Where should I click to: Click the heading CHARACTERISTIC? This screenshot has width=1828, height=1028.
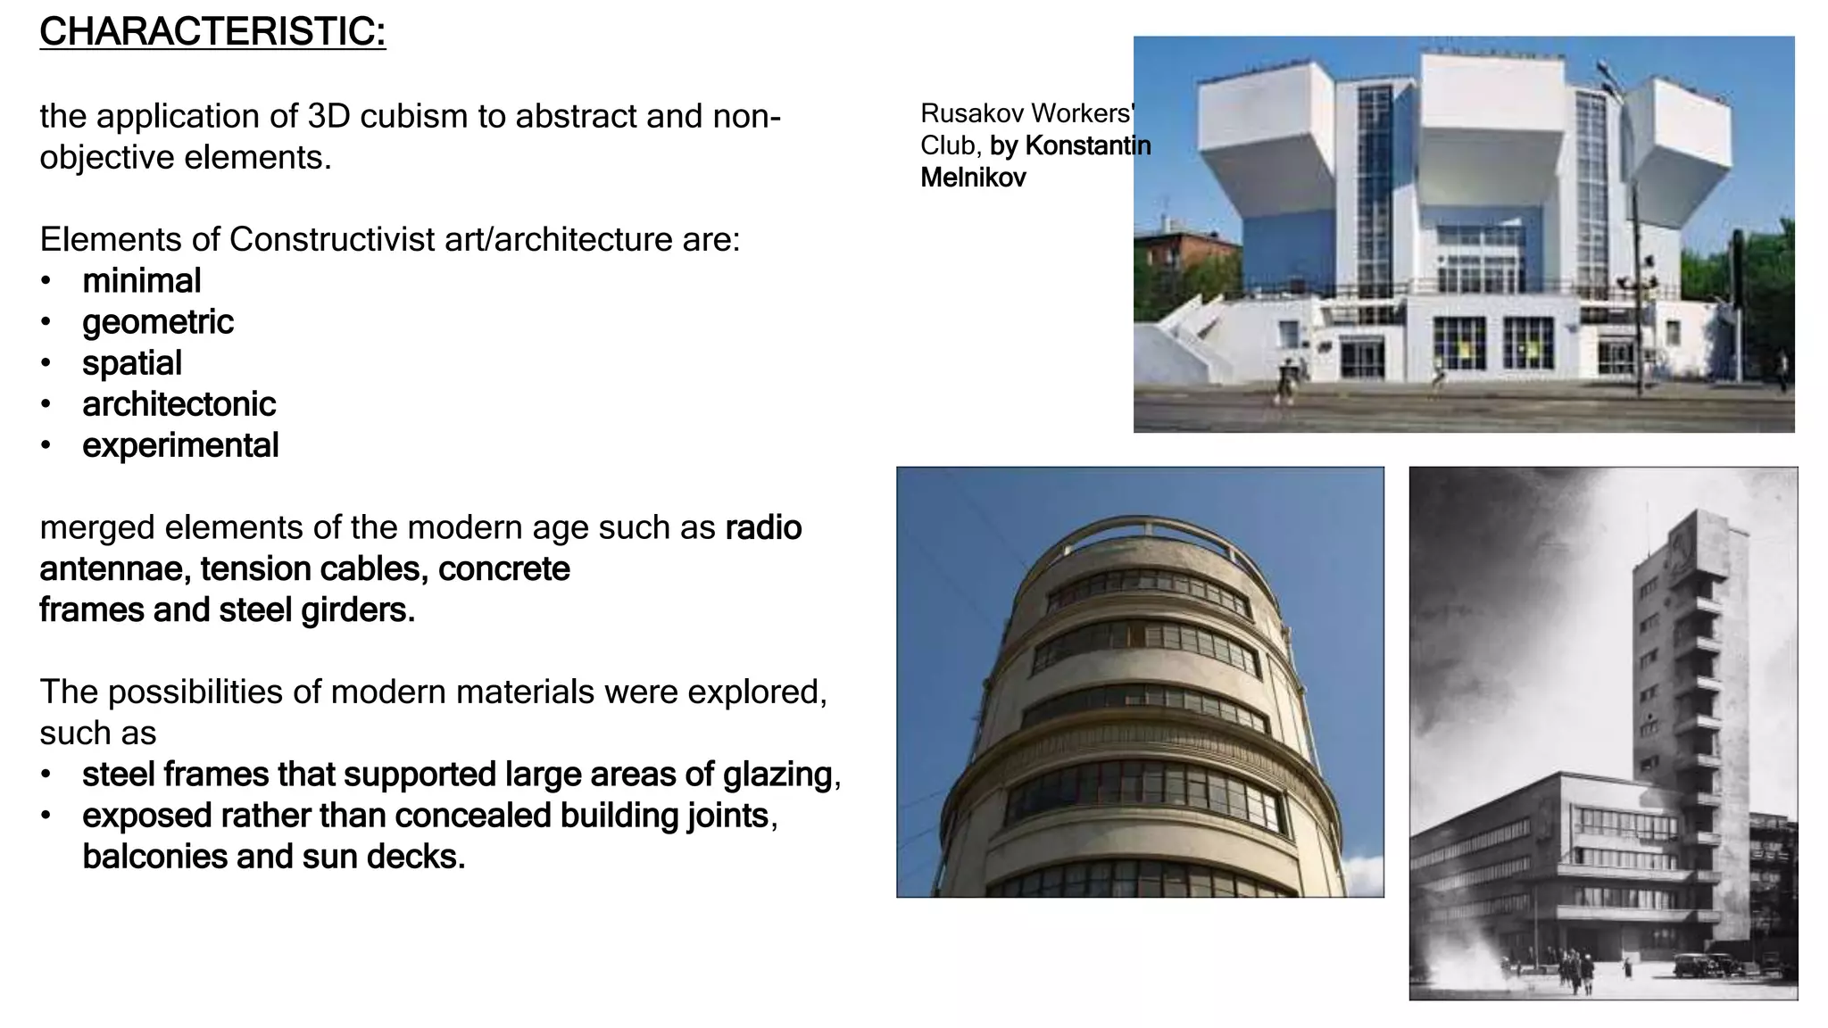(212, 32)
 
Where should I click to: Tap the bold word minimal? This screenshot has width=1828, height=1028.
(141, 281)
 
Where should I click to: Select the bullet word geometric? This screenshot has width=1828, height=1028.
(157, 322)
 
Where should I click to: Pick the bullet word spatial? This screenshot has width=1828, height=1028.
(131, 363)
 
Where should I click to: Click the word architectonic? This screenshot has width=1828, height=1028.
(179, 404)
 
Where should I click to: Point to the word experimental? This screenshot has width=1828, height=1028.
(180, 445)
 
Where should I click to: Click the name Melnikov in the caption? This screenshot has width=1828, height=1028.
(973, 178)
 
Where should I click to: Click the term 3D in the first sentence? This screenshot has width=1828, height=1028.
(331, 116)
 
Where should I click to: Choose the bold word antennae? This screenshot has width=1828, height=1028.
(113, 568)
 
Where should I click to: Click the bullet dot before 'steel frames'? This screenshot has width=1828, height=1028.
(46, 775)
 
